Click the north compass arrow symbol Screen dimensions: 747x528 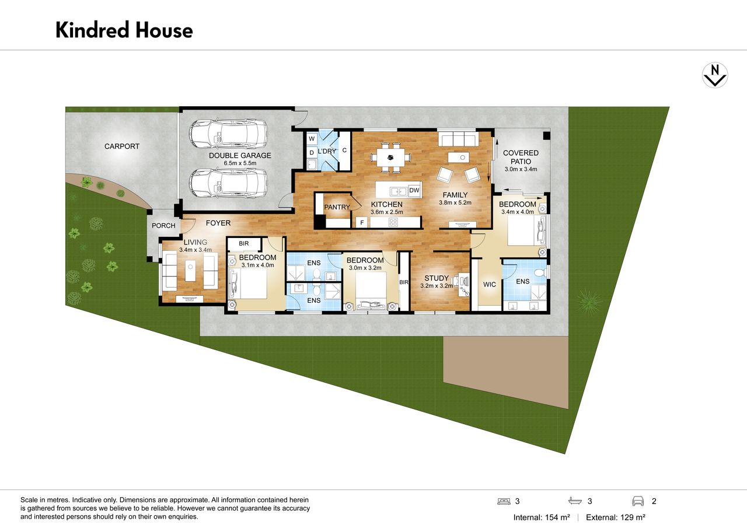point(715,75)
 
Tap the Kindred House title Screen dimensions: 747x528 point(124,30)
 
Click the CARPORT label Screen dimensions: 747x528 point(122,146)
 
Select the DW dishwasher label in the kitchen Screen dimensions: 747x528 point(414,190)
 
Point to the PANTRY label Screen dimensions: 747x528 point(337,207)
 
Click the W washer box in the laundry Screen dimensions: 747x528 point(312,139)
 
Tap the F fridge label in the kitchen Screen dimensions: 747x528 point(362,222)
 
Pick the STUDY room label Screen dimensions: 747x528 point(436,278)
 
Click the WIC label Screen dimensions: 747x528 point(490,284)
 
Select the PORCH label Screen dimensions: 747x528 point(163,226)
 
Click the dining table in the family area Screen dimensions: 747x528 point(391,158)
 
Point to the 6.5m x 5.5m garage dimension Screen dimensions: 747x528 point(240,163)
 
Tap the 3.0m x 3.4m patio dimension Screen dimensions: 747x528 point(521,169)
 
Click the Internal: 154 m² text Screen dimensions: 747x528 point(542,517)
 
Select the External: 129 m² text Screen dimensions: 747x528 point(616,517)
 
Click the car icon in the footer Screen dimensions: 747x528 point(638,501)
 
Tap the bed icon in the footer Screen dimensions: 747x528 point(504,501)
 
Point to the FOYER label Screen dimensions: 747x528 point(218,223)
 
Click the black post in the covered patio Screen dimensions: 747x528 point(546,136)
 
